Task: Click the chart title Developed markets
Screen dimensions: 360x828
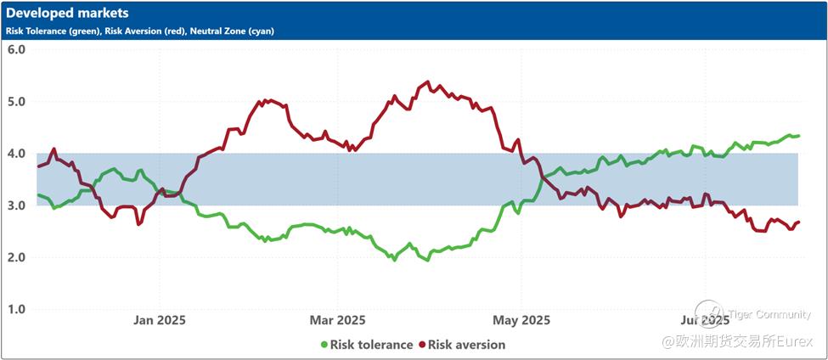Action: [68, 14]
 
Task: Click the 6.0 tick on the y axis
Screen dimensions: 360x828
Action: [16, 49]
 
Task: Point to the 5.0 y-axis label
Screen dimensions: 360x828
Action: [16, 101]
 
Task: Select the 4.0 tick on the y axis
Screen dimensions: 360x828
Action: [16, 154]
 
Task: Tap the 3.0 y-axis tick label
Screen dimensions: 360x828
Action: [16, 205]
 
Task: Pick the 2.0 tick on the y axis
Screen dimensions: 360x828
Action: [16, 257]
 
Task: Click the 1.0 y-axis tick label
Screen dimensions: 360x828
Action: [16, 309]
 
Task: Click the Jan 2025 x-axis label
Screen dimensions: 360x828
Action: [160, 320]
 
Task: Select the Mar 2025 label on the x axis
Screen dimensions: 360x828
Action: [338, 320]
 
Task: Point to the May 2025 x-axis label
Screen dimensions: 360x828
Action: [521, 320]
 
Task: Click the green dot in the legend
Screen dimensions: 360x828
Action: [324, 345]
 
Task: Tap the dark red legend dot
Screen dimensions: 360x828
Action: [422, 345]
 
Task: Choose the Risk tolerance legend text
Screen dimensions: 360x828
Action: [371, 345]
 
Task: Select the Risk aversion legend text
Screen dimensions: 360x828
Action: [466, 345]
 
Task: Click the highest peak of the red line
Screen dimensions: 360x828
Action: [426, 82]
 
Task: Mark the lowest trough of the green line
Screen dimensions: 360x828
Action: [394, 260]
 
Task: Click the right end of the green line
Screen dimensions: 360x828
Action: [799, 136]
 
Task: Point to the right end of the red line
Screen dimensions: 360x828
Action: [799, 222]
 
